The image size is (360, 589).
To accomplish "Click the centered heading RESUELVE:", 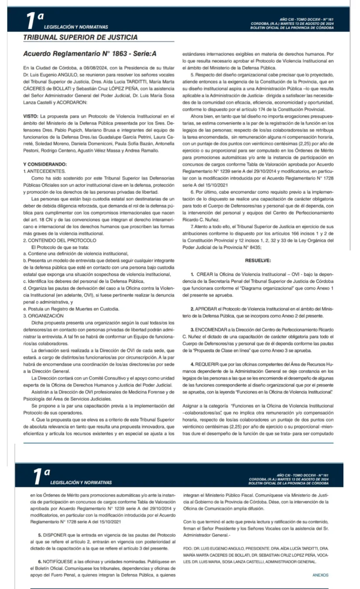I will pos(258,260).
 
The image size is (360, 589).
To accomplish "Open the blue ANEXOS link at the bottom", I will pos(320,575).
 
